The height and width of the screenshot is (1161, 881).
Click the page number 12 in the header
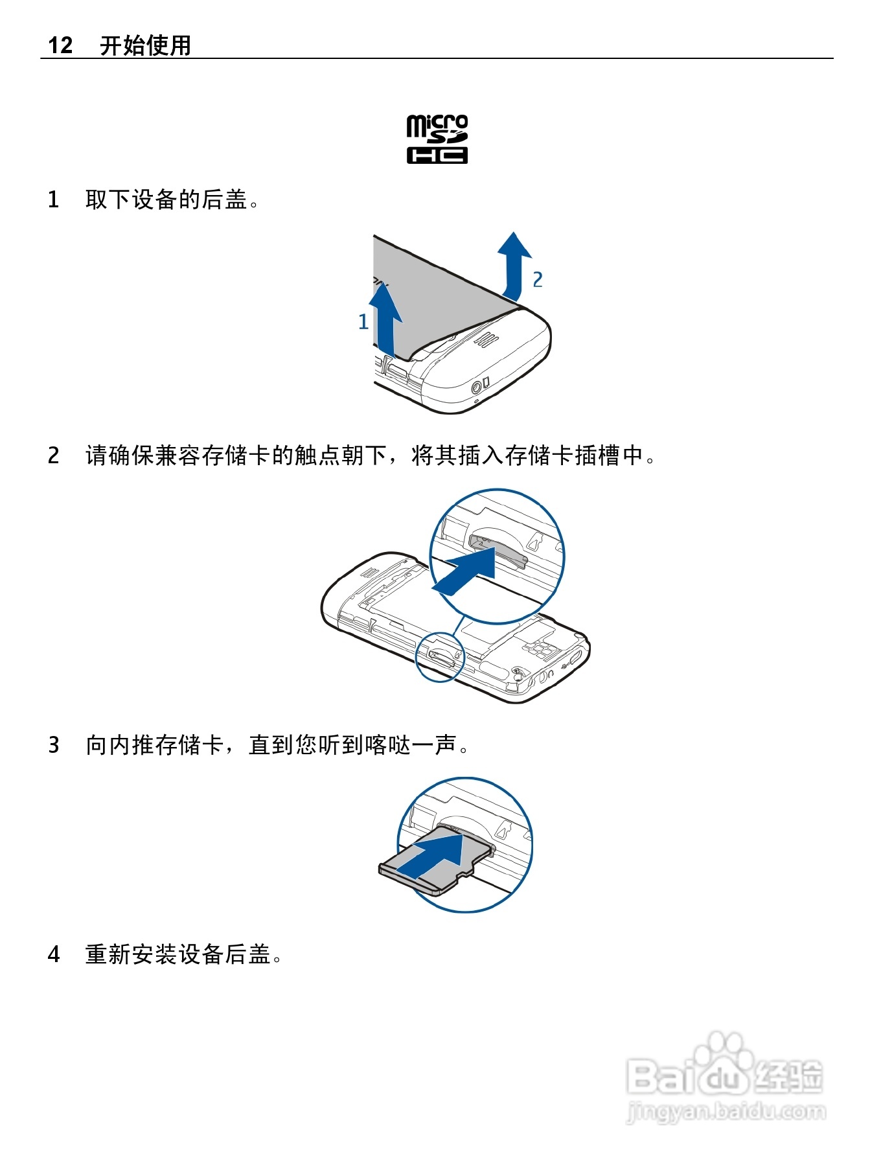[60, 45]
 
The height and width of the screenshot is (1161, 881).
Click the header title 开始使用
[145, 45]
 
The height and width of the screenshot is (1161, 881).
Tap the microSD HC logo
[437, 139]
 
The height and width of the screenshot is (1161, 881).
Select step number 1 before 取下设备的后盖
[54, 200]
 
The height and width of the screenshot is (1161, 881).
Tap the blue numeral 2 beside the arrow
[537, 279]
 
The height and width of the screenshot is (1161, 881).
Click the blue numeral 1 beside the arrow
[363, 321]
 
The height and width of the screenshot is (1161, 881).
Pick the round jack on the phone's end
[476, 388]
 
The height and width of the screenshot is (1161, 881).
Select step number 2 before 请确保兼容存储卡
[54, 455]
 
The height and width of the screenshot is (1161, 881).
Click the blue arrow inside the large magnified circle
[466, 569]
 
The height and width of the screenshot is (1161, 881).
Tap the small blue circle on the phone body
[440, 657]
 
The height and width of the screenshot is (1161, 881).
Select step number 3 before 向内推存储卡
[54, 745]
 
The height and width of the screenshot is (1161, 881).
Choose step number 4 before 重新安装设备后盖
[54, 954]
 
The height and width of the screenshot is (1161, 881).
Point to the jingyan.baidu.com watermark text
[726, 1111]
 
